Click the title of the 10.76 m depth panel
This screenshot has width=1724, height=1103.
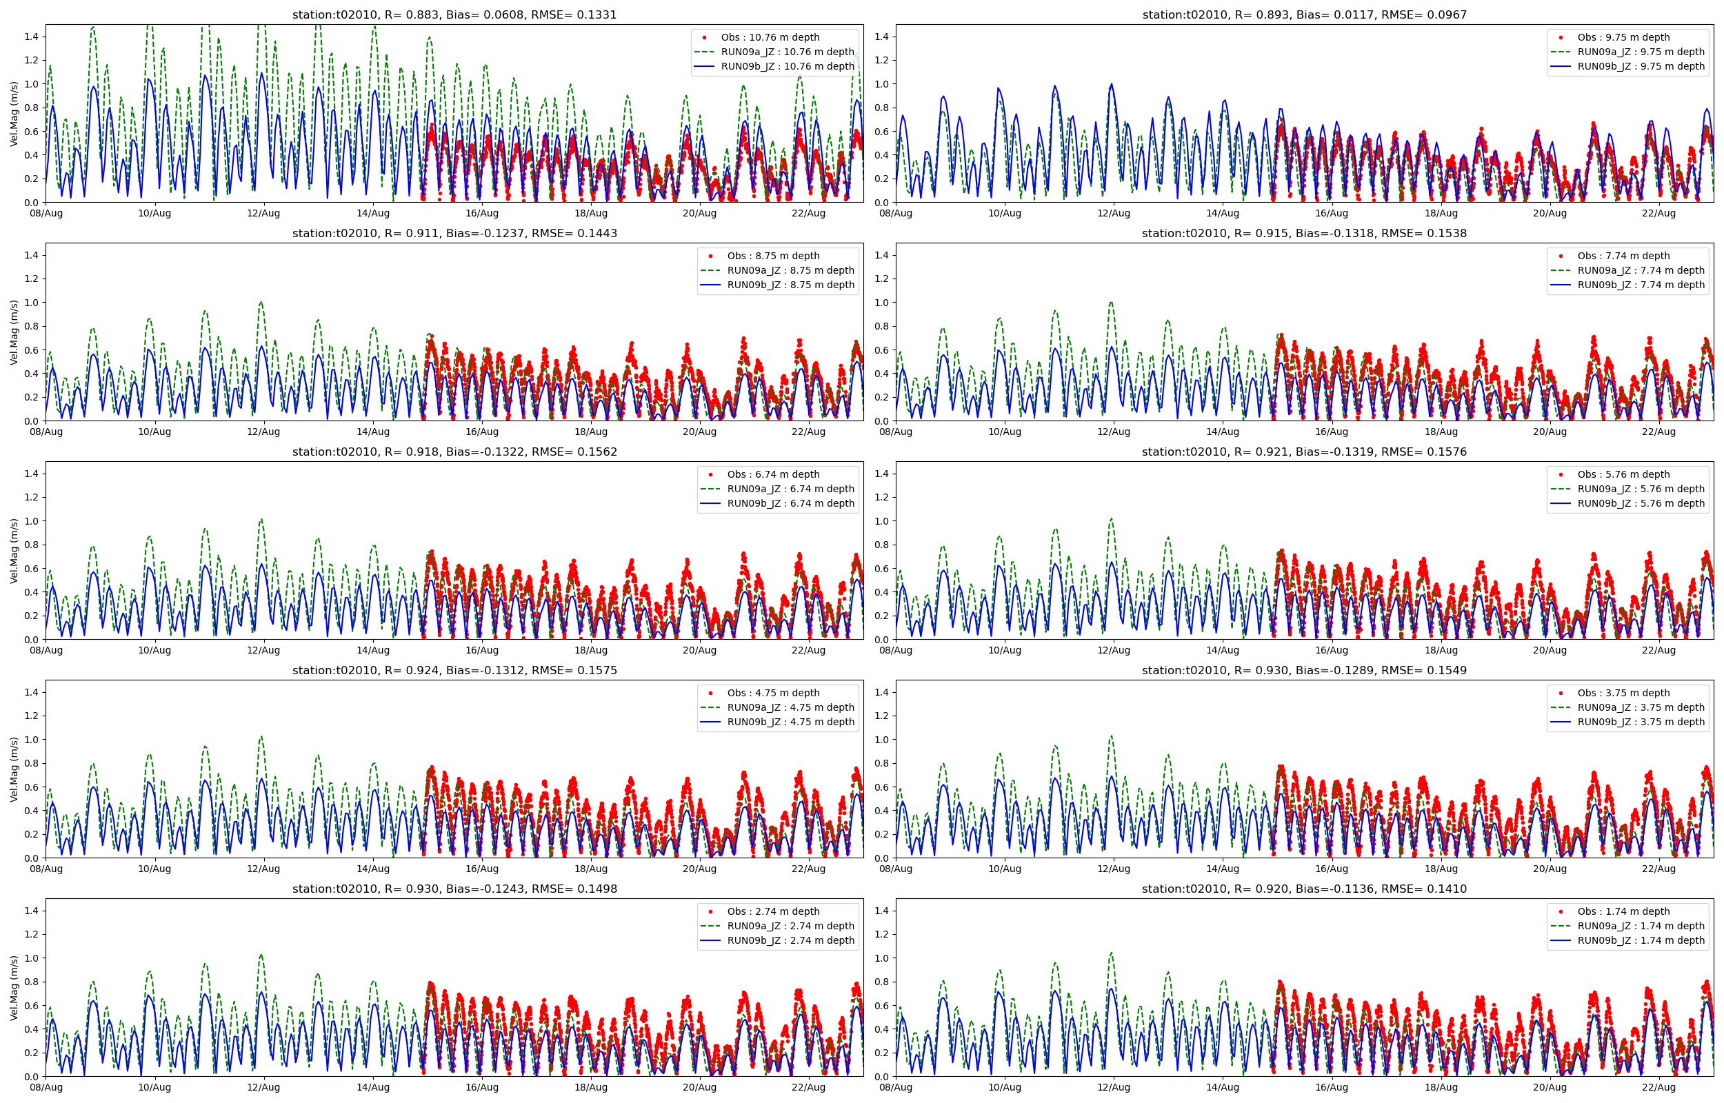(x=454, y=14)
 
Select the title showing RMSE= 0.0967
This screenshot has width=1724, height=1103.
(x=1303, y=14)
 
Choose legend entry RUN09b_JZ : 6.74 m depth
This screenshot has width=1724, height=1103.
(x=791, y=503)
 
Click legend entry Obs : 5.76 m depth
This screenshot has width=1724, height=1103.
(x=1623, y=474)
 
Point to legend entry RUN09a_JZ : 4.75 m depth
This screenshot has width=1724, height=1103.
(x=791, y=707)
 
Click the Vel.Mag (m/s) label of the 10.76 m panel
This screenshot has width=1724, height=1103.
(x=14, y=113)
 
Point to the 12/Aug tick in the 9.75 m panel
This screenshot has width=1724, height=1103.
(x=1113, y=214)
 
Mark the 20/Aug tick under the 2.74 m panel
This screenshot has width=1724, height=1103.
(x=699, y=1087)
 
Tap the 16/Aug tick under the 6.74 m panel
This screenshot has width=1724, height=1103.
(x=481, y=650)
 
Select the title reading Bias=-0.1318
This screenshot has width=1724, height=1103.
(x=1303, y=233)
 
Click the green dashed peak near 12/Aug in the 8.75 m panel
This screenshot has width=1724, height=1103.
(x=261, y=302)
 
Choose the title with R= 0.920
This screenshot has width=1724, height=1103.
(x=1303, y=889)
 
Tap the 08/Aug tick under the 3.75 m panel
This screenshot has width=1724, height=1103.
(x=895, y=869)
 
